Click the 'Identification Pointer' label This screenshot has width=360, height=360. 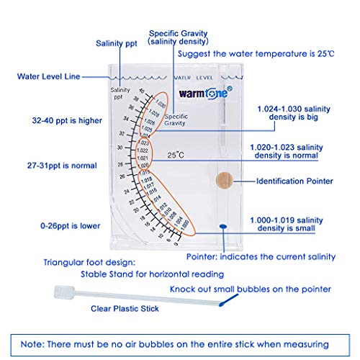295,181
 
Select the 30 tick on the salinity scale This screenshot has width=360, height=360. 118,148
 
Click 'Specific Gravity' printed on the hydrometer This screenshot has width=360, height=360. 176,120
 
